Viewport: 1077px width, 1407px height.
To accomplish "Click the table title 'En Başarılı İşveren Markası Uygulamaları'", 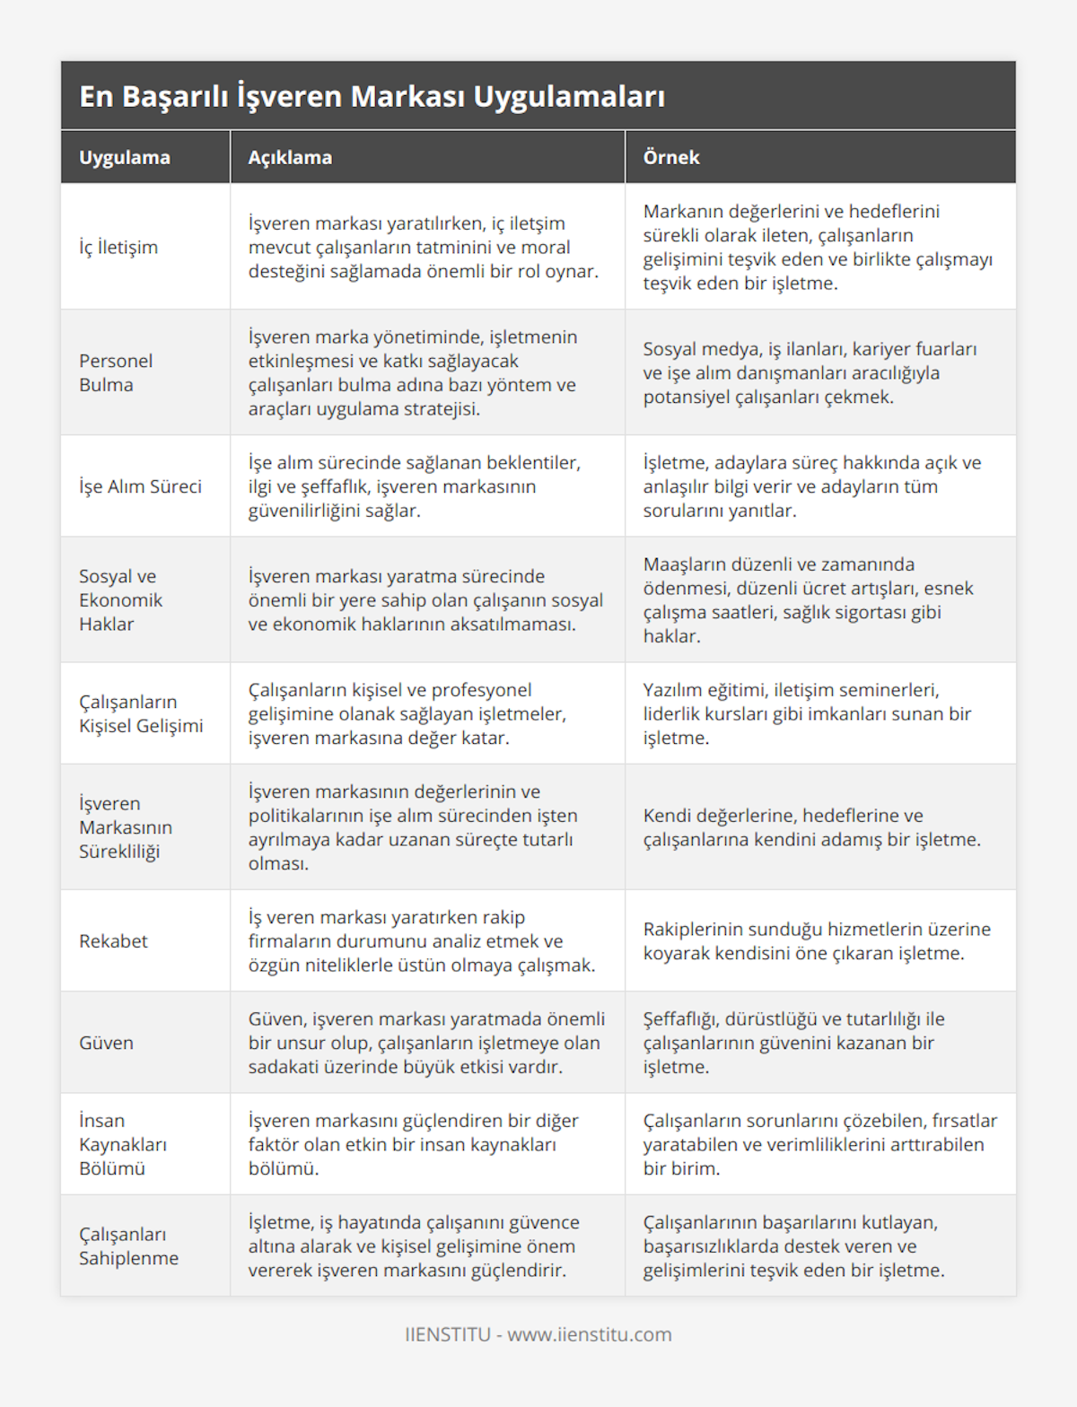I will (x=372, y=96).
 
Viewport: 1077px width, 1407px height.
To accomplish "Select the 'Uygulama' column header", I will (x=125, y=157).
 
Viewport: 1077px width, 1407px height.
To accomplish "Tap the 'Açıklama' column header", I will (x=290, y=157).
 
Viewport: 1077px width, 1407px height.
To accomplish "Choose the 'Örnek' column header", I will (x=671, y=157).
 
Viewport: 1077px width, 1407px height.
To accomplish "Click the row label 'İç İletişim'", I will (x=118, y=247).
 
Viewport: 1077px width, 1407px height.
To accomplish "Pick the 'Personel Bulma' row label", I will (x=116, y=372).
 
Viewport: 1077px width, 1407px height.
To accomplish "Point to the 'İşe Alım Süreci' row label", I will (x=140, y=486).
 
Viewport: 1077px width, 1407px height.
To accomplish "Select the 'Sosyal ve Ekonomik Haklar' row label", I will (x=120, y=599).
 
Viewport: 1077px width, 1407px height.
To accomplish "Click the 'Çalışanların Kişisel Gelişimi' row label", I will (x=141, y=713).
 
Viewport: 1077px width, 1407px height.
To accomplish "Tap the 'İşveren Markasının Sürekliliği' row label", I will (x=126, y=827).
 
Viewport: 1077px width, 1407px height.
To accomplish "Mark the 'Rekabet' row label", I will (x=113, y=940).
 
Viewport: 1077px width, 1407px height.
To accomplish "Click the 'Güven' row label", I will (x=106, y=1043).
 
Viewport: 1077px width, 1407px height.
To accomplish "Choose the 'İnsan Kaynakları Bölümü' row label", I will (x=123, y=1144).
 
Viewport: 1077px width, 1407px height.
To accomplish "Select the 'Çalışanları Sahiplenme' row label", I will (x=128, y=1245).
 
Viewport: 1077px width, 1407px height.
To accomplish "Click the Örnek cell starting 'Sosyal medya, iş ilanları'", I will (x=810, y=372).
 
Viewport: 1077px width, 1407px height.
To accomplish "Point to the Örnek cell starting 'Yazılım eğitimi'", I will (x=807, y=713).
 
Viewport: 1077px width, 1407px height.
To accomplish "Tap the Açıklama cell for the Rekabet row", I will (x=422, y=940).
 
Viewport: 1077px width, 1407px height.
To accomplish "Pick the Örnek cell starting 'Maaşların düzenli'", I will (x=808, y=599).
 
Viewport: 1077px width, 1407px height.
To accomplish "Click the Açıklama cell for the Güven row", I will (x=426, y=1043).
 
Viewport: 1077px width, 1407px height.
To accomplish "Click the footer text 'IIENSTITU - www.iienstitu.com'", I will (x=538, y=1334).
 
